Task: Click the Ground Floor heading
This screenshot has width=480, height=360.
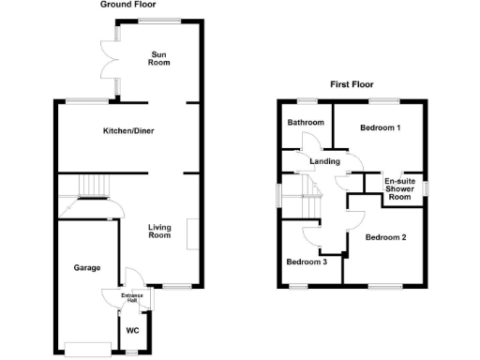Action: point(127,5)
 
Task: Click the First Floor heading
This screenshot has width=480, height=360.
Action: point(352,84)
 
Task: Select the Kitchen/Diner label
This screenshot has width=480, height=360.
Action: point(128,130)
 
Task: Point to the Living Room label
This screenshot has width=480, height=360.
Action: point(159,231)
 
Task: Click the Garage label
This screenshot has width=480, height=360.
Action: point(88,267)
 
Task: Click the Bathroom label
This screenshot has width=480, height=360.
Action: point(306,123)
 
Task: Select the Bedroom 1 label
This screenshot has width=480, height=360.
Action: point(381,128)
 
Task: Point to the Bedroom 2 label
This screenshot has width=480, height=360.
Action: point(385,237)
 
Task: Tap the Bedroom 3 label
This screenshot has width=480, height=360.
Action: point(307,262)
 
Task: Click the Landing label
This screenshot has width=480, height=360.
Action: point(325,160)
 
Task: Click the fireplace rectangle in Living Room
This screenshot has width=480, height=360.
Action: point(190,234)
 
